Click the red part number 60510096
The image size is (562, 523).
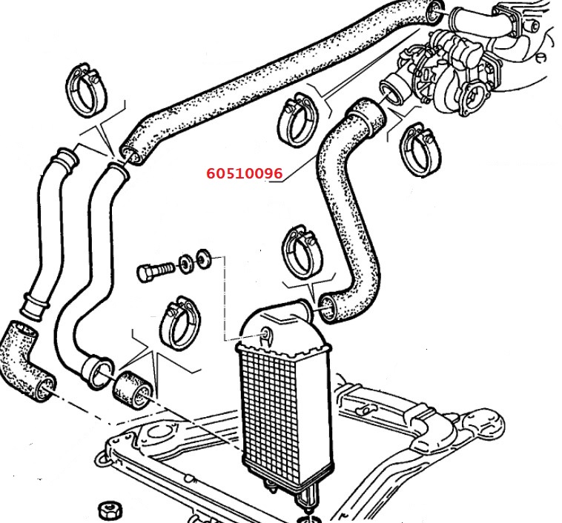click(245, 173)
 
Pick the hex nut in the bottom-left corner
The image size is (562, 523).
click(110, 510)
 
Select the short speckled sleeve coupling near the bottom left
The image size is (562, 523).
click(133, 392)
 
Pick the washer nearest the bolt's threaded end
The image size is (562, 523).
click(186, 264)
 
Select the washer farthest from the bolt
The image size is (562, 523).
click(204, 258)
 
